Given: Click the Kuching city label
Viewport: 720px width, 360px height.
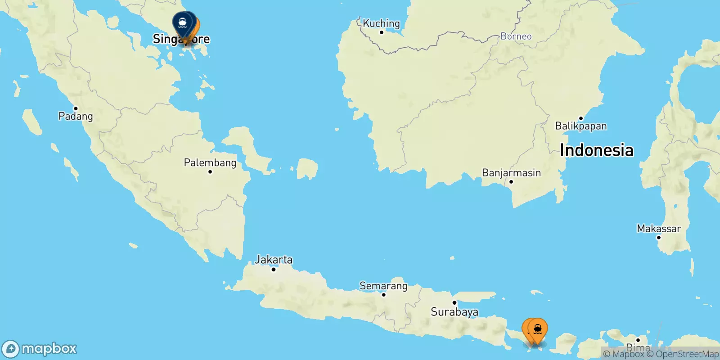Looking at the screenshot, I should tap(381, 23).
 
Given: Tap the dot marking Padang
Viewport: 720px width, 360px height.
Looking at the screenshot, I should tap(76, 108).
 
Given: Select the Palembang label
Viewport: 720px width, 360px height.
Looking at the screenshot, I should tap(210, 162).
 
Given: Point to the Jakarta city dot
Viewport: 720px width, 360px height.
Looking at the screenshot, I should tap(274, 270).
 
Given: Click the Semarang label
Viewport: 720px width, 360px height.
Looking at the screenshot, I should tap(383, 286).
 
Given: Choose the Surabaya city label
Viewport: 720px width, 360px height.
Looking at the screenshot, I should tap(454, 312).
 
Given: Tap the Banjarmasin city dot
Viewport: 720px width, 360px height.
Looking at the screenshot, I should tap(511, 182).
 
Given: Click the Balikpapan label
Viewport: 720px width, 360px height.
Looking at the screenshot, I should tap(580, 126).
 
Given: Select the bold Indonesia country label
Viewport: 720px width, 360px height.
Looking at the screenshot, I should tap(596, 150).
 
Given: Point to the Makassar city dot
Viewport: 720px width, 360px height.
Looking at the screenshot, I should tap(659, 238).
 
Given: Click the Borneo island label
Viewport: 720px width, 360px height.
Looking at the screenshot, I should tap(516, 36).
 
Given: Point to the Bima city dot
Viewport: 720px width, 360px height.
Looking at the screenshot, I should tap(638, 340).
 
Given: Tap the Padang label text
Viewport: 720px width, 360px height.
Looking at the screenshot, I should tap(76, 117).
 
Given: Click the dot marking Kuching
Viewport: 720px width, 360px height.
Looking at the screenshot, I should tap(382, 32).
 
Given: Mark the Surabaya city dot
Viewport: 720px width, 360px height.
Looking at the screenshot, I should tap(454, 303).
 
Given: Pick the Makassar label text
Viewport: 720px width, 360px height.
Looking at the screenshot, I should tap(659, 229).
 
